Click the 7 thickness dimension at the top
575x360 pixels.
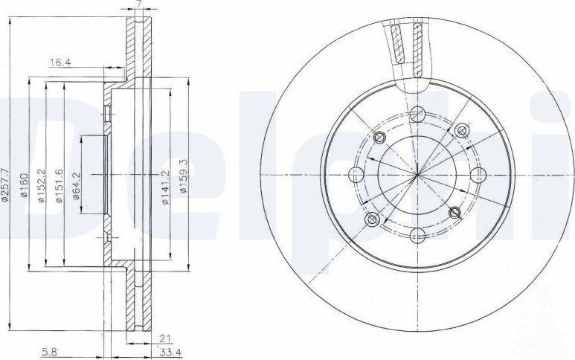point(138,5)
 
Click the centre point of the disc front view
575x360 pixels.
point(418,175)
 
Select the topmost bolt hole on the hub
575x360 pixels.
point(417,113)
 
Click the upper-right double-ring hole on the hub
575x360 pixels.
point(461,131)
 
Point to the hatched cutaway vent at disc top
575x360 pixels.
point(408,48)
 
